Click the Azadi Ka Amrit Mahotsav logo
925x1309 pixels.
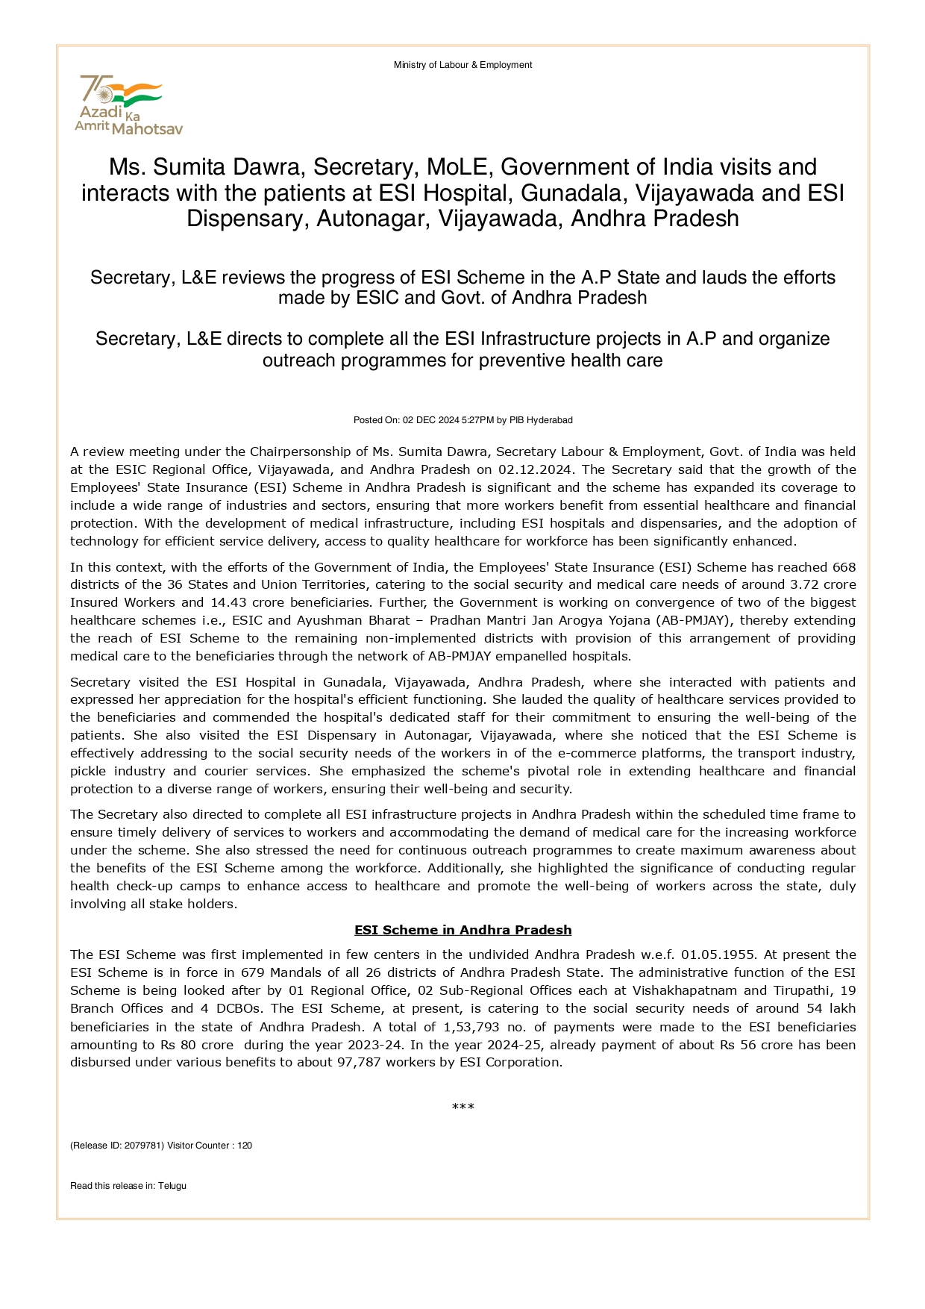[128, 105]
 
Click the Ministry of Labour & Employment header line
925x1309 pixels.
[462, 65]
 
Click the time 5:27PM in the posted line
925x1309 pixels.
[477, 420]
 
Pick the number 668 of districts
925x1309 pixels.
[844, 567]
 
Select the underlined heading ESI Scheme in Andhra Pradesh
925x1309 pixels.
[462, 930]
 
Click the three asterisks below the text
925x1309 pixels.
[462, 1106]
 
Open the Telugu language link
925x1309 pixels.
[172, 1186]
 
